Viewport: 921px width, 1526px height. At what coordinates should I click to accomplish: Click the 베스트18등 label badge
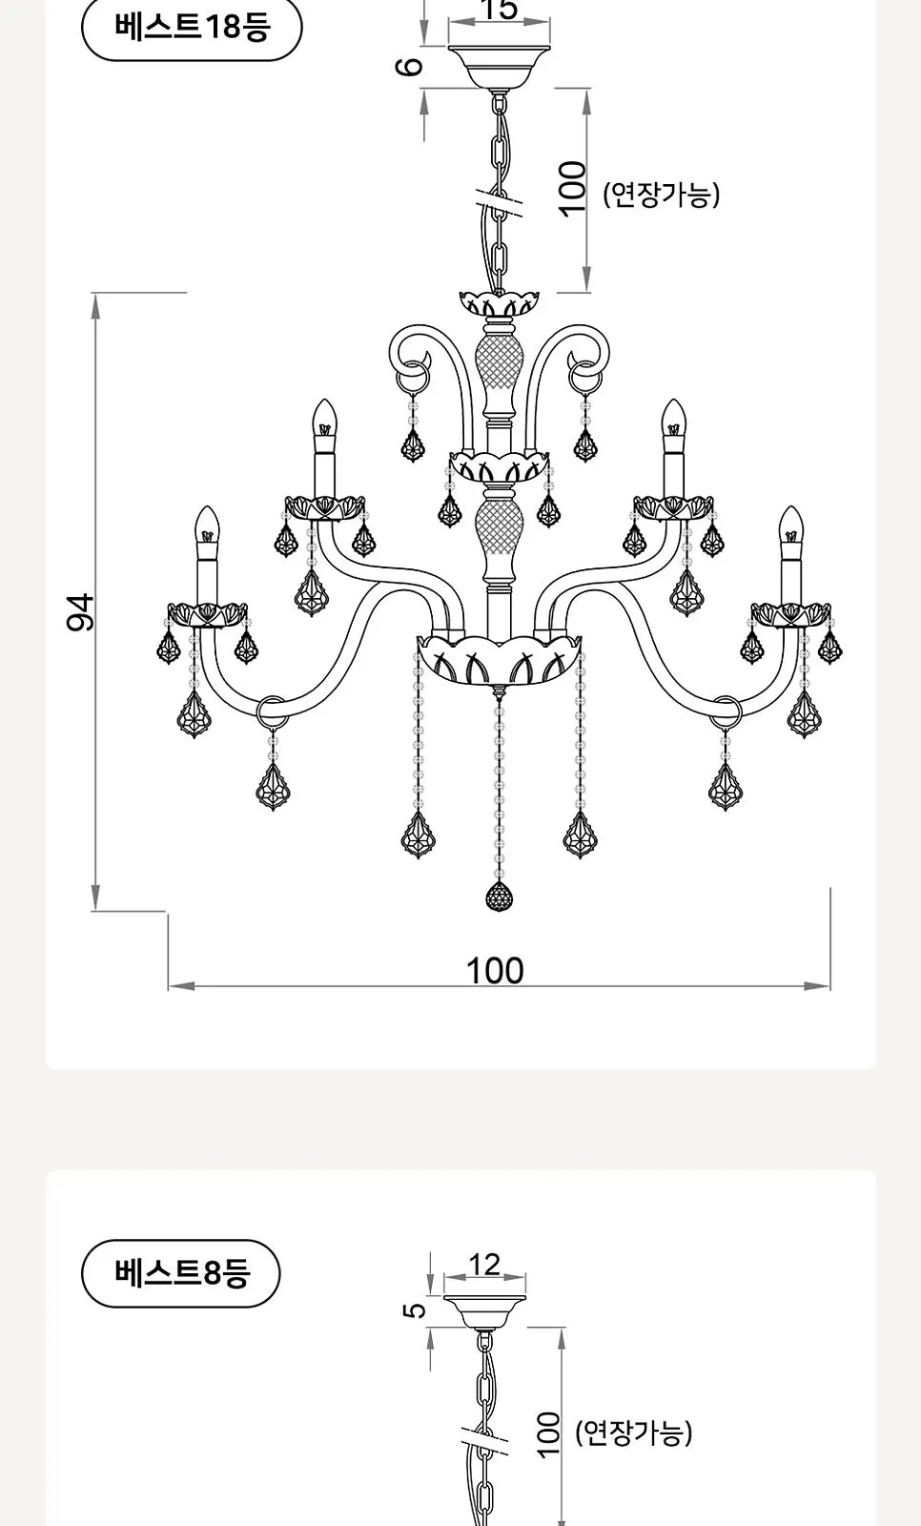[x=192, y=28]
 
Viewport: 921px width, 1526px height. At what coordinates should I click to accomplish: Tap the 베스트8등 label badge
[x=180, y=1272]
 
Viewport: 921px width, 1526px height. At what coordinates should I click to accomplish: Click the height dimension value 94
[x=80, y=612]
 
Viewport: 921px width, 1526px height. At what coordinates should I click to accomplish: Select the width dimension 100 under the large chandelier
[x=495, y=971]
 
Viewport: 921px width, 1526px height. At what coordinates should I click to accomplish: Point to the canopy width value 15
[x=500, y=10]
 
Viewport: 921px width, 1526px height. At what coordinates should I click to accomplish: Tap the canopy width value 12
[x=484, y=1265]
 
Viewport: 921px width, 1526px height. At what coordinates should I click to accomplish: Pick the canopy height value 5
[x=415, y=1310]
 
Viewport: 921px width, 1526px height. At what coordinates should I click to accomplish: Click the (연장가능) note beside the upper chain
[x=661, y=195]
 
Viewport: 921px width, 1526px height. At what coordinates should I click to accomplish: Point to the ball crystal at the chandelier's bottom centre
[x=500, y=896]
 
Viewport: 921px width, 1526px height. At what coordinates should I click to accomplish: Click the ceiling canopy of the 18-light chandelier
[x=500, y=67]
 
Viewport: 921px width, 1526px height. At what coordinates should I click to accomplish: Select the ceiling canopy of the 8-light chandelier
[x=484, y=1312]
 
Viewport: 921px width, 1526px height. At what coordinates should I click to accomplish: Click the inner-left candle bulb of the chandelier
[x=325, y=418]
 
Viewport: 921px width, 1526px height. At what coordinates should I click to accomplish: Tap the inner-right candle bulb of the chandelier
[x=674, y=418]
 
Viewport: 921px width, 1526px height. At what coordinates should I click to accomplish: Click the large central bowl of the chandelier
[x=500, y=660]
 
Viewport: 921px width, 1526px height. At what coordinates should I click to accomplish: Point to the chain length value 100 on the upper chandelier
[x=572, y=190]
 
